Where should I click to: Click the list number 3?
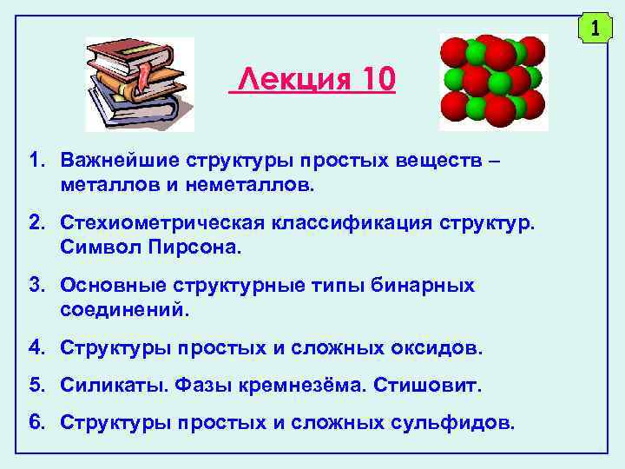pos(36,286)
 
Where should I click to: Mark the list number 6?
pos(36,422)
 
